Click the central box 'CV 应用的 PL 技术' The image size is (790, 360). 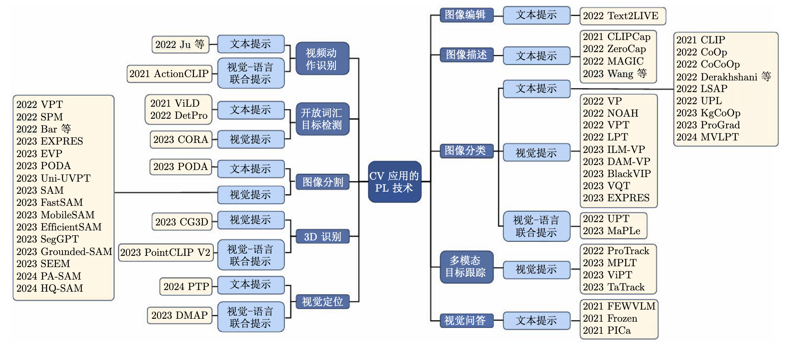pos(394,182)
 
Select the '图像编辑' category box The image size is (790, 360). pos(466,15)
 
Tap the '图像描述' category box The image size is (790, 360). pos(466,55)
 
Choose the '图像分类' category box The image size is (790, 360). pos(466,150)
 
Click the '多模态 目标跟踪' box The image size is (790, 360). pos(466,267)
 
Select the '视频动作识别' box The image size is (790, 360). pos(322,59)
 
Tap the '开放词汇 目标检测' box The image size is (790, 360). pos(322,119)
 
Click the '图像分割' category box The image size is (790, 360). pos(322,182)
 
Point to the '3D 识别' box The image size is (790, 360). pos(322,237)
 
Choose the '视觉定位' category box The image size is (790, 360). pos(322,302)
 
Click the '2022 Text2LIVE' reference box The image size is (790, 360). pos(622,16)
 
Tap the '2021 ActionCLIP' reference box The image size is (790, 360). pos(169,74)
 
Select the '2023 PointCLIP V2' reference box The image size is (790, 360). pos(165,252)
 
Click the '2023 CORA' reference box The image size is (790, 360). pos(181,140)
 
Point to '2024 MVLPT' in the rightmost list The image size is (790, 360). pos(707,137)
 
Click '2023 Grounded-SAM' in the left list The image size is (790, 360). pos(64,252)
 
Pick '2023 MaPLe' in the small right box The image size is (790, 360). pos(611,231)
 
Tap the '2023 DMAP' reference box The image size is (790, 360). pos(179,315)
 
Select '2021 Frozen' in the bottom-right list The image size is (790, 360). pos(610,319)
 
